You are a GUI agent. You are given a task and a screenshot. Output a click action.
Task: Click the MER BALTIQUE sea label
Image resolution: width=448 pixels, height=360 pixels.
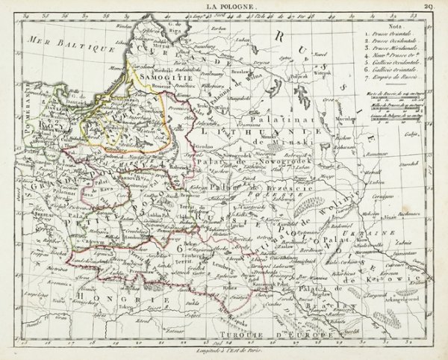click(72, 44)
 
